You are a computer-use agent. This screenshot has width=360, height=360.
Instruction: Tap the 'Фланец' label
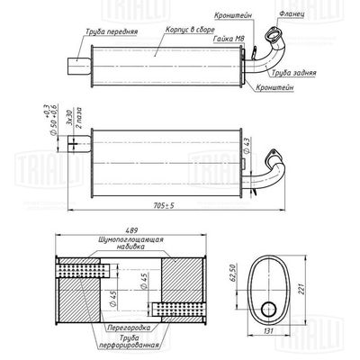click(x=292, y=14)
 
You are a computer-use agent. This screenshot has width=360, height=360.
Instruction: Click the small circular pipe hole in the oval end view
click(x=269, y=310)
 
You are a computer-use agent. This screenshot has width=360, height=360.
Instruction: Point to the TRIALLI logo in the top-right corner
click(x=333, y=15)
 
